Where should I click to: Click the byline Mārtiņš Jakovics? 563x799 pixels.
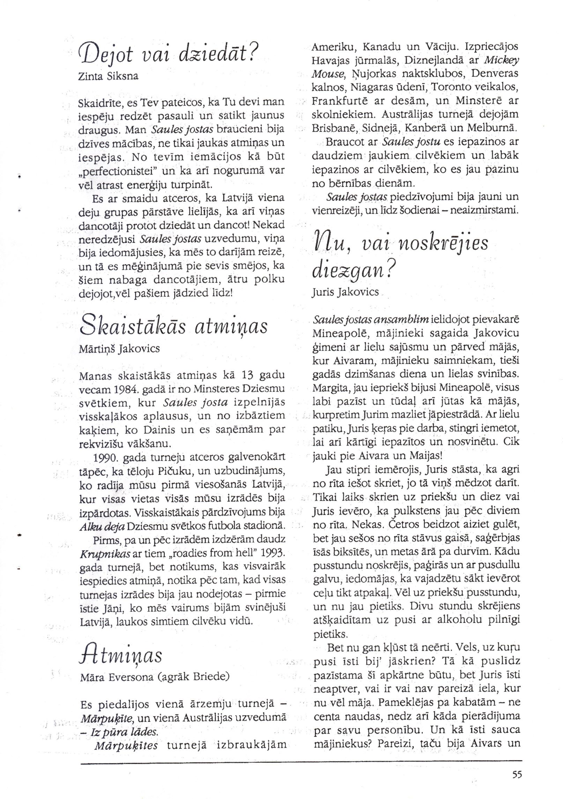[x=120, y=348]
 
